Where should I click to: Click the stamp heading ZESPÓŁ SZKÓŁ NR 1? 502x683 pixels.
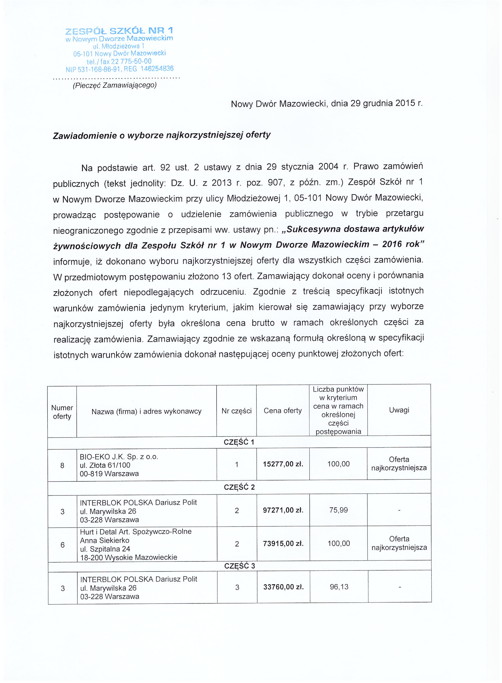(119, 31)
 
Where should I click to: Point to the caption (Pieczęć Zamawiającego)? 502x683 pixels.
(114, 85)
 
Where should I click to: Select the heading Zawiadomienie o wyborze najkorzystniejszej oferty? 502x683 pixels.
(162, 135)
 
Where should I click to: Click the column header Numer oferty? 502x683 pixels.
(62, 412)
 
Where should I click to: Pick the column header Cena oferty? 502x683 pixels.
(283, 411)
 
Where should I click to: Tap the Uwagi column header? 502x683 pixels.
(399, 410)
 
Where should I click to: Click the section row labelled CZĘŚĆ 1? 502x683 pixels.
(239, 442)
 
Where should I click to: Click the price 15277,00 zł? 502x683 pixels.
(283, 464)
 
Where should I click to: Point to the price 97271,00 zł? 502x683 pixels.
(283, 510)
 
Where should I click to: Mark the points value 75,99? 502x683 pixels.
(339, 510)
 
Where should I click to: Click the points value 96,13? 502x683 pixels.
(339, 587)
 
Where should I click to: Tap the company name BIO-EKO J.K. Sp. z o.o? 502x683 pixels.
(119, 457)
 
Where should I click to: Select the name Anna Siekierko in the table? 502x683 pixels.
(105, 540)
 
